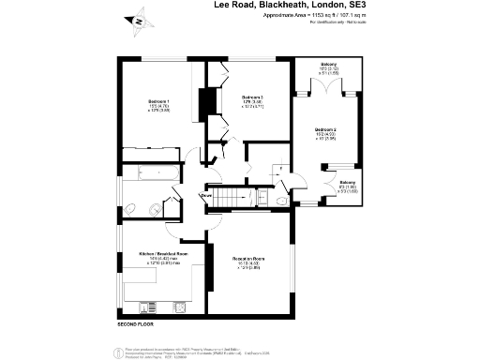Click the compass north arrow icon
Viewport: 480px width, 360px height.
[x=139, y=19]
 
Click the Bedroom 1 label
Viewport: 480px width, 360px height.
[x=158, y=100]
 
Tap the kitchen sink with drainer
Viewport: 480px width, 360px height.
[x=149, y=307]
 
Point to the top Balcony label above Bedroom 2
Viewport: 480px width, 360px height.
[x=328, y=65]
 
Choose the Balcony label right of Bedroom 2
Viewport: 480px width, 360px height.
[x=347, y=182]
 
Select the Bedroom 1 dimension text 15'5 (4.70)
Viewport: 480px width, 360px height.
[x=158, y=106]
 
